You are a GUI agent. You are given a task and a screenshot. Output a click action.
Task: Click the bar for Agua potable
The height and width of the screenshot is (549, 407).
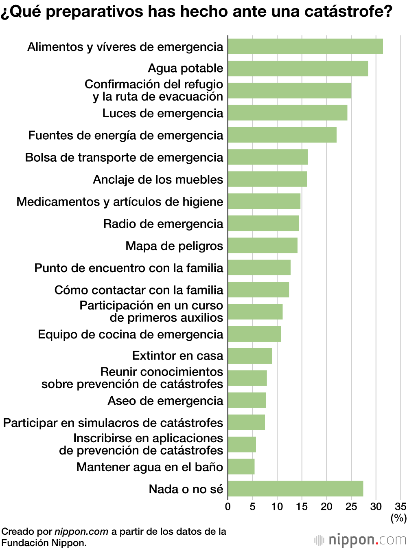[298, 68]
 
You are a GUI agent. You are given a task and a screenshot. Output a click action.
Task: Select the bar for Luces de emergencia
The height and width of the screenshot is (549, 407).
[287, 113]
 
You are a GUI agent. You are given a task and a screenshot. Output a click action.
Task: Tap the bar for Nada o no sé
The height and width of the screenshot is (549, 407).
[295, 489]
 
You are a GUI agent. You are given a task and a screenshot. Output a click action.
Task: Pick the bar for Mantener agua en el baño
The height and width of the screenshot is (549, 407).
[241, 467]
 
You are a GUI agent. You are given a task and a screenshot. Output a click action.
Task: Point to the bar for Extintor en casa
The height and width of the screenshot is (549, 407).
[250, 356]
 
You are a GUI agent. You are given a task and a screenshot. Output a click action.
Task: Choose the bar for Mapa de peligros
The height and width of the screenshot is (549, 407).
[263, 246]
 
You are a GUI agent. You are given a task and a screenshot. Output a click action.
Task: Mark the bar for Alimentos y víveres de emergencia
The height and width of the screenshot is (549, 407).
[305, 46]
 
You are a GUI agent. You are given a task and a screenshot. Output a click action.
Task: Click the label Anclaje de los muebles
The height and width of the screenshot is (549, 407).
[158, 180]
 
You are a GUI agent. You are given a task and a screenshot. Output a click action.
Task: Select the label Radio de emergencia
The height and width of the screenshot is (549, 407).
[163, 224]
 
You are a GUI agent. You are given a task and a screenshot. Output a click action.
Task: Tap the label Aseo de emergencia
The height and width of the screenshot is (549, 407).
[165, 401]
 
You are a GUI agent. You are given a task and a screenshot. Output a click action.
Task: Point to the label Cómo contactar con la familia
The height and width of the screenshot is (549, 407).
[139, 290]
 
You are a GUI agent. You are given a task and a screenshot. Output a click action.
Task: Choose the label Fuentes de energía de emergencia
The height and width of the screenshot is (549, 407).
[126, 135]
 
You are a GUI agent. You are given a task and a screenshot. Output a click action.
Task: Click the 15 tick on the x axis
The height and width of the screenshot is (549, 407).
[302, 507]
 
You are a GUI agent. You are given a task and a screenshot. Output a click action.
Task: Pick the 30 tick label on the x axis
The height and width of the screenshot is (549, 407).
[376, 507]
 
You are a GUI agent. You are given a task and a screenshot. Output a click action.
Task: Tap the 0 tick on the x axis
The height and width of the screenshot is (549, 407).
[228, 507]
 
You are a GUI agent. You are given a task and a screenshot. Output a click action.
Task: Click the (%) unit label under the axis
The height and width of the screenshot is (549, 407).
[398, 518]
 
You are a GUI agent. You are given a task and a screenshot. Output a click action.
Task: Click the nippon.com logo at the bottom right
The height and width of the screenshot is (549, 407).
[360, 540]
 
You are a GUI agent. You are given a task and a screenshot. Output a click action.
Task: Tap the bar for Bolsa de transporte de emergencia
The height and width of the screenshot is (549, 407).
[268, 157]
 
